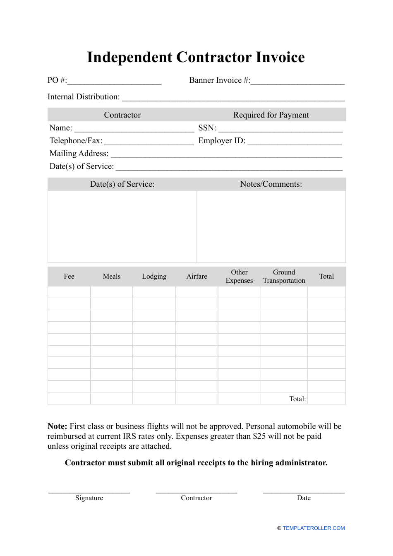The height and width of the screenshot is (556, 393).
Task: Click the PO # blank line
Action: pyautogui.click(x=114, y=82)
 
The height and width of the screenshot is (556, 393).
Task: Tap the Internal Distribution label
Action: pyautogui.click(x=84, y=97)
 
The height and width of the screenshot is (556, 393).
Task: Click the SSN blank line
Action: pyautogui.click(x=280, y=129)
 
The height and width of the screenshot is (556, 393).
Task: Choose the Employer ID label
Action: pyautogui.click(x=222, y=141)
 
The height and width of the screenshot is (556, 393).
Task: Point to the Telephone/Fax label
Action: pyautogui.click(x=76, y=141)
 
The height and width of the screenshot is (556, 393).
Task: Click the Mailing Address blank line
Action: pyautogui.click(x=226, y=155)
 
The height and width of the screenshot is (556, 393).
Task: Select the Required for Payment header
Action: pyautogui.click(x=271, y=115)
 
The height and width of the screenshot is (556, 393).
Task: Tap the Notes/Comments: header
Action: pyautogui.click(x=271, y=184)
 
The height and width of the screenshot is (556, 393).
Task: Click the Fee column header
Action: pyautogui.click(x=69, y=277)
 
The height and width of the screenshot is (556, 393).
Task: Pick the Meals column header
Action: pyautogui.click(x=112, y=277)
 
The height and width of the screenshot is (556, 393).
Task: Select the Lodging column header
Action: pyautogui.click(x=154, y=277)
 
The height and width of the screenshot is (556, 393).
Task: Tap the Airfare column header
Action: pyautogui.click(x=197, y=277)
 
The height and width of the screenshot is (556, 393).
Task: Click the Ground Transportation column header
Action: pyautogui.click(x=284, y=277)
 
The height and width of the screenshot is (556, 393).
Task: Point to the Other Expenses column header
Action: pyautogui.click(x=239, y=277)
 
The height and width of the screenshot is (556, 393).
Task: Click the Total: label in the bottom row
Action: pyautogui.click(x=297, y=399)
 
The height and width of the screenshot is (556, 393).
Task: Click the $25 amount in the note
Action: pyautogui.click(x=259, y=436)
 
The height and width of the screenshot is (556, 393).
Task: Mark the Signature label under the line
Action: pyautogui.click(x=89, y=498)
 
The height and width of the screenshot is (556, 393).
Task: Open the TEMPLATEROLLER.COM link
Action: pyautogui.click(x=314, y=528)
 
